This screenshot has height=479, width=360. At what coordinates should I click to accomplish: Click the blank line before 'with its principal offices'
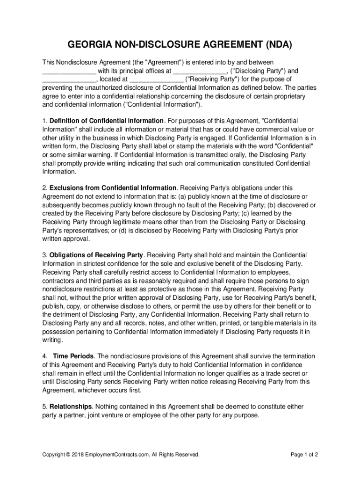69,72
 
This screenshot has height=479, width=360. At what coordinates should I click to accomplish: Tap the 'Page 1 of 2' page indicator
304,454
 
